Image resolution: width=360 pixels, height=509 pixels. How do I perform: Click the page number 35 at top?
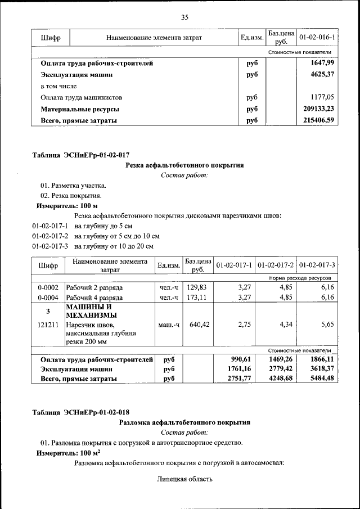[184, 17]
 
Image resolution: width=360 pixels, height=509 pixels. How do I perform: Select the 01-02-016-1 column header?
[317, 38]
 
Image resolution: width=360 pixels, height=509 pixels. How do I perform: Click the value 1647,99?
[322, 63]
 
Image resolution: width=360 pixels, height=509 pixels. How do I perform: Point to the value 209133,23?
[318, 109]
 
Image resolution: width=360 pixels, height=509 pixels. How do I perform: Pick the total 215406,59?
[318, 120]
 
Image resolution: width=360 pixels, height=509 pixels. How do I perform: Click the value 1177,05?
[322, 97]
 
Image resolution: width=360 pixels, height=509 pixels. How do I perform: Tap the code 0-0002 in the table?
[48, 287]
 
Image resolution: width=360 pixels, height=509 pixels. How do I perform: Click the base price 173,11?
[197, 298]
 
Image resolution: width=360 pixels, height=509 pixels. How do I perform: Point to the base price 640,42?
[197, 325]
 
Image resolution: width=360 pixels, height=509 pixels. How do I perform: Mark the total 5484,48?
[322, 379]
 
